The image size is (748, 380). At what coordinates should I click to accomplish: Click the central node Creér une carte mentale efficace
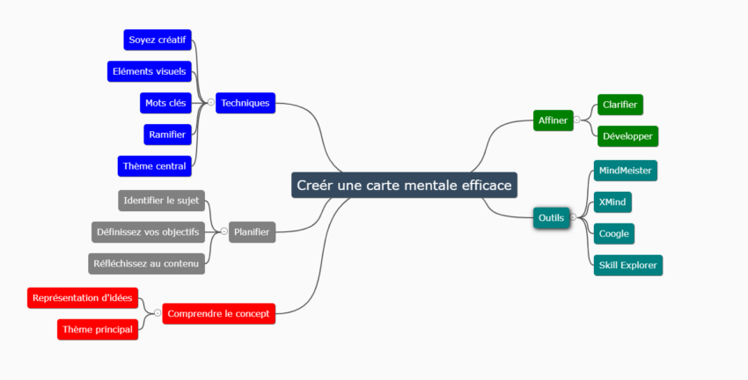(x=404, y=186)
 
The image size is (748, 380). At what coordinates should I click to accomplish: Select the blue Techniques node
(x=246, y=103)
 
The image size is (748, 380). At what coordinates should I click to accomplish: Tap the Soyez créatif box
(x=158, y=40)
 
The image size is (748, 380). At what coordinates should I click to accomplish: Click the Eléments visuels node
(x=150, y=71)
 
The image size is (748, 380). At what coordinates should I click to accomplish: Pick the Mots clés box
(x=165, y=103)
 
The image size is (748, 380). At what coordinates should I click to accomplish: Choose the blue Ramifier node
(x=167, y=135)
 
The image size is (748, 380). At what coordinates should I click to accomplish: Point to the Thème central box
(x=154, y=165)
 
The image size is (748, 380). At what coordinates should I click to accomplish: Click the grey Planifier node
(x=252, y=232)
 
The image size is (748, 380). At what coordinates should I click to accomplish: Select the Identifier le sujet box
(x=162, y=201)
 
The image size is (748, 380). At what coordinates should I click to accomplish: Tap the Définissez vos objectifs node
(x=148, y=232)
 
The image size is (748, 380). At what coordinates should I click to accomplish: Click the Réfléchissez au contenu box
(x=147, y=263)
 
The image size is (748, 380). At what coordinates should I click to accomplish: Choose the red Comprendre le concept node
(x=219, y=313)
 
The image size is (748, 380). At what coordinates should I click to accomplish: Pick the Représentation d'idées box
(x=82, y=298)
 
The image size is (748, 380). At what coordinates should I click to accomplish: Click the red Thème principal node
(x=98, y=330)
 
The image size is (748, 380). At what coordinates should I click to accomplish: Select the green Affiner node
(x=554, y=119)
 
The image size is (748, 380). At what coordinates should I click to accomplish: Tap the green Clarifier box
(x=620, y=105)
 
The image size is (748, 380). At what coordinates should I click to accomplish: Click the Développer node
(x=627, y=136)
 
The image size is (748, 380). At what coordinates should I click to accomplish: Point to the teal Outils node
(x=551, y=217)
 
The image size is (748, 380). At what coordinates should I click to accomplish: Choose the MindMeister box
(x=625, y=170)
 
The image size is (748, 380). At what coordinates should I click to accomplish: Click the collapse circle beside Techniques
(x=211, y=103)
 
